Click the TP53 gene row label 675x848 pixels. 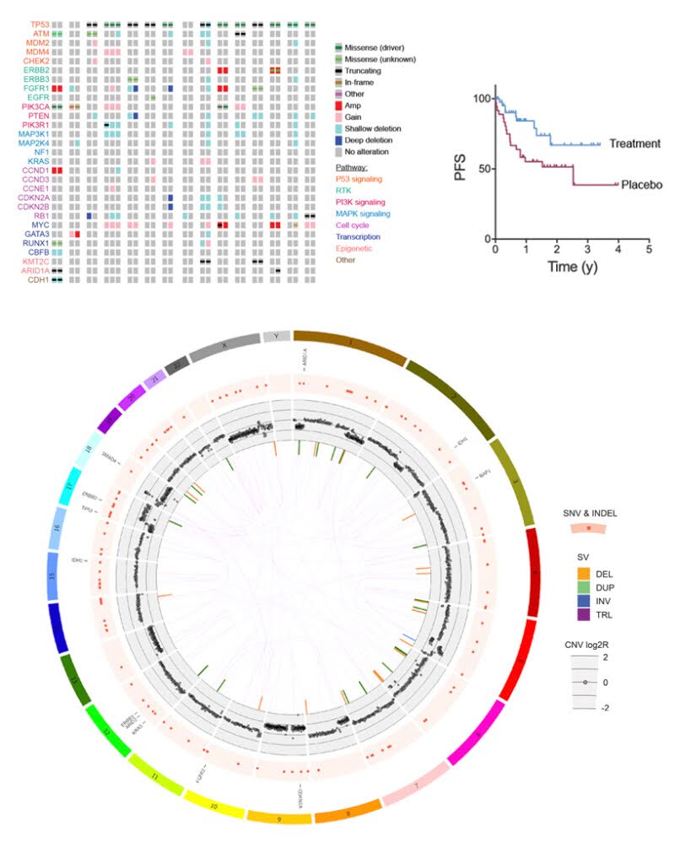click(x=39, y=24)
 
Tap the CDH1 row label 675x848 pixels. click(x=39, y=279)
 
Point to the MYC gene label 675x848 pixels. click(x=40, y=225)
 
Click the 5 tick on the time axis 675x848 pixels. click(x=649, y=251)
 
